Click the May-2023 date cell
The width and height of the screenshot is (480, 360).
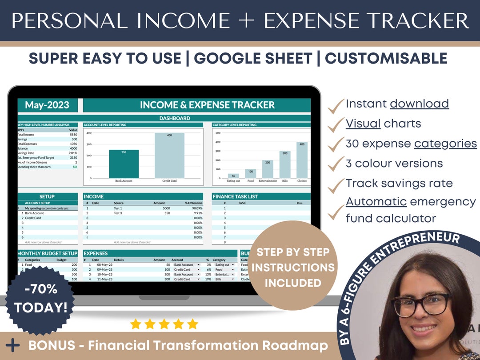pos(47,105)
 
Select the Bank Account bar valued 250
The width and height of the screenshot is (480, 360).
pos(124,164)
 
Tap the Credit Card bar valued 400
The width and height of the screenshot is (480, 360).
pos(169,156)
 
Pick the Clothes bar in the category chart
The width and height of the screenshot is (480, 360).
pos(302,160)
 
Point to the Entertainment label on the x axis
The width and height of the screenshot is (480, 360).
pos(268,181)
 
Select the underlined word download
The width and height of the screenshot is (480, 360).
pos(419,104)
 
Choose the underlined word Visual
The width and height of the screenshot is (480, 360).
pos(363,123)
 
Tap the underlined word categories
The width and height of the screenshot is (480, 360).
pos(445,144)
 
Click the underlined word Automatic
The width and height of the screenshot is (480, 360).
pos(376,201)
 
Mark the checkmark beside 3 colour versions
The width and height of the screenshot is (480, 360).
pos(336,164)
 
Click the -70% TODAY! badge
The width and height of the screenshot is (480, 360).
pos(40,298)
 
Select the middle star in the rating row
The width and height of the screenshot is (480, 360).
pos(164,324)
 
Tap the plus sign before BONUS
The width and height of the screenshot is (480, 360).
pos(13,345)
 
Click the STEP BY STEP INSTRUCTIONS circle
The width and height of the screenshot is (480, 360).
pos(293,267)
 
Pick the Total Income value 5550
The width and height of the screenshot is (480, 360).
pos(73,135)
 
